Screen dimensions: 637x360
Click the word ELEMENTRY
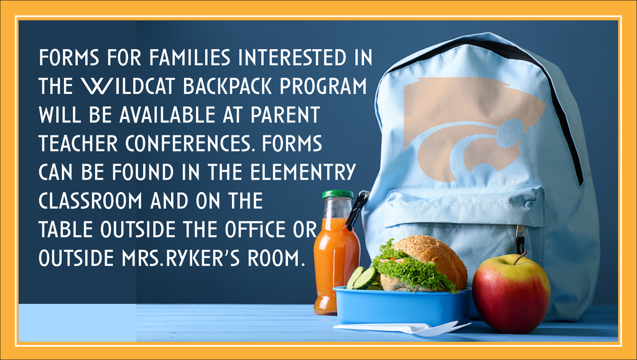(303, 172)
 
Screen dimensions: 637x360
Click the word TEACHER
(78, 143)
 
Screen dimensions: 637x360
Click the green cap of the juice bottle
(338, 195)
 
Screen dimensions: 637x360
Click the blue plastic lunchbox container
(402, 306)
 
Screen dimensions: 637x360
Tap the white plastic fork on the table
(402, 328)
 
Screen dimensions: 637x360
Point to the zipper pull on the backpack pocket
(521, 237)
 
